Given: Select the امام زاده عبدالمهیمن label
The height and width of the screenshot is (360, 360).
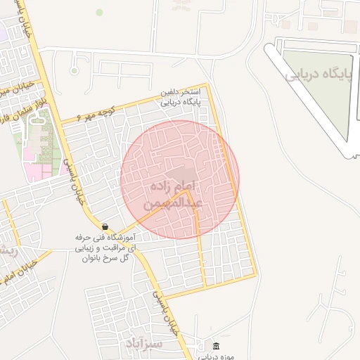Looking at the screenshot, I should [176, 195].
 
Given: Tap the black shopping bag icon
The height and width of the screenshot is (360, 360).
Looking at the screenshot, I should [105, 226].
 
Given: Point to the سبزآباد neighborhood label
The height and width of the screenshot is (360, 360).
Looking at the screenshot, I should [143, 343].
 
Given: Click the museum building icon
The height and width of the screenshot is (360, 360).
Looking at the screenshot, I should [215, 347].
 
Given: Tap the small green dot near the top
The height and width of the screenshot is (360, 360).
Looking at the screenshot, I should [99, 12].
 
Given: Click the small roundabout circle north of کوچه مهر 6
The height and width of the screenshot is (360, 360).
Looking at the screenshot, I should [74, 70].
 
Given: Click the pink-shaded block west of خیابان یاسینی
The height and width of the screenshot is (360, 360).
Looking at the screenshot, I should [34, 170].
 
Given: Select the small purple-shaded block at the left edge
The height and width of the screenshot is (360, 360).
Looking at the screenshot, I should [3, 32].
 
